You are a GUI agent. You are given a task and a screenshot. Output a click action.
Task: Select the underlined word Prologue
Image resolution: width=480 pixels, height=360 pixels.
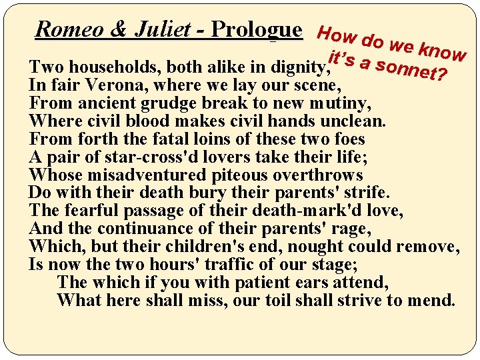click(255, 30)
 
